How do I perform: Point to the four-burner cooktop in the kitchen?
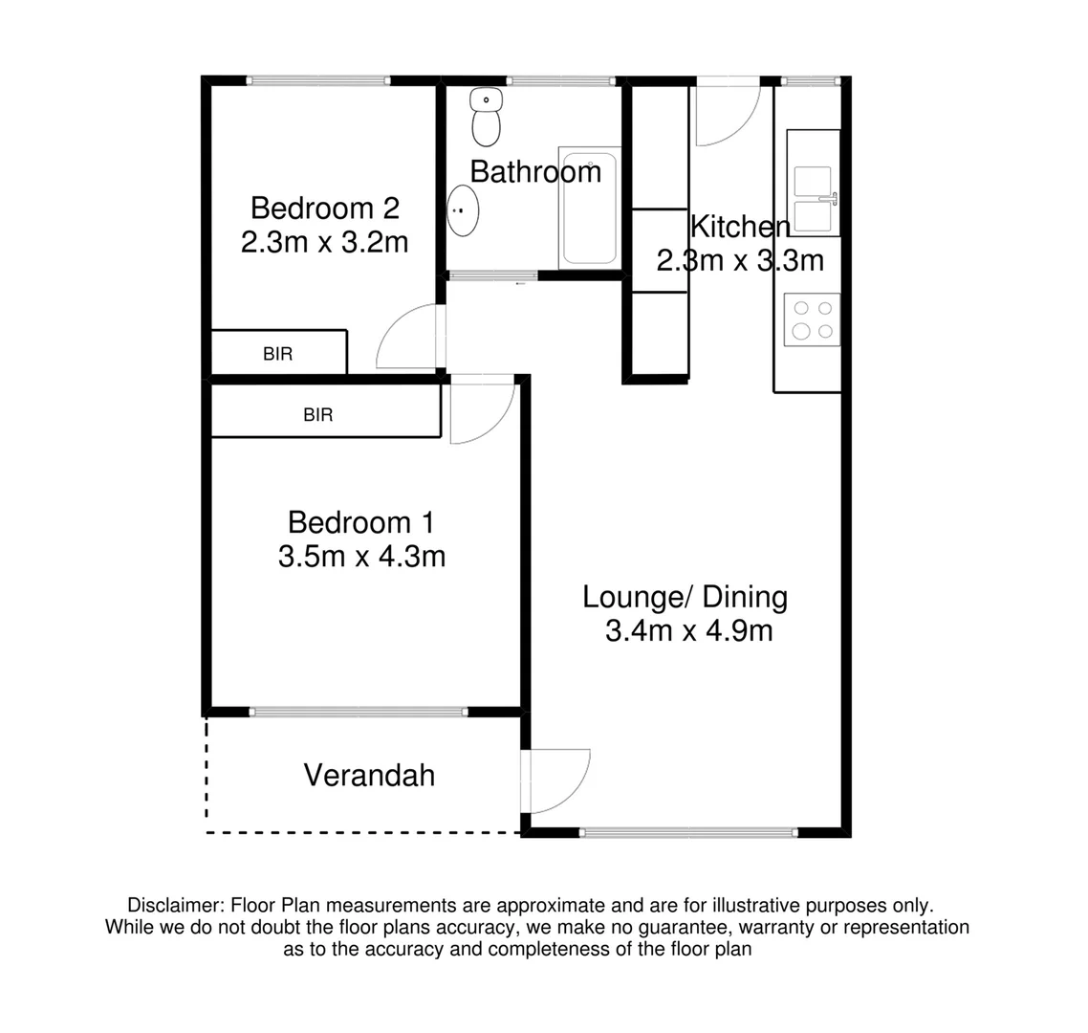[x=812, y=319]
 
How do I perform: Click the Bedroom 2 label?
[x=324, y=208]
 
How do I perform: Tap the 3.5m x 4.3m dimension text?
[x=361, y=556]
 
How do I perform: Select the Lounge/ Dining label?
[x=685, y=597]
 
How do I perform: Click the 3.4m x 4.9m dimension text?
[x=688, y=631]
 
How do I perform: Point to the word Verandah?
[x=369, y=775]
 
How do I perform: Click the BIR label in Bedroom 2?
[x=277, y=354]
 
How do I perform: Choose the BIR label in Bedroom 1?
[x=317, y=415]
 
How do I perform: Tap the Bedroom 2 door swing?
[x=409, y=340]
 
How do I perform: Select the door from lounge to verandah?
[x=557, y=780]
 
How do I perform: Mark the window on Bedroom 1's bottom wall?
[x=359, y=712]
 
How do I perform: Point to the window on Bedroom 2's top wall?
[x=318, y=80]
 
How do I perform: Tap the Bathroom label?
[x=535, y=172]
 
